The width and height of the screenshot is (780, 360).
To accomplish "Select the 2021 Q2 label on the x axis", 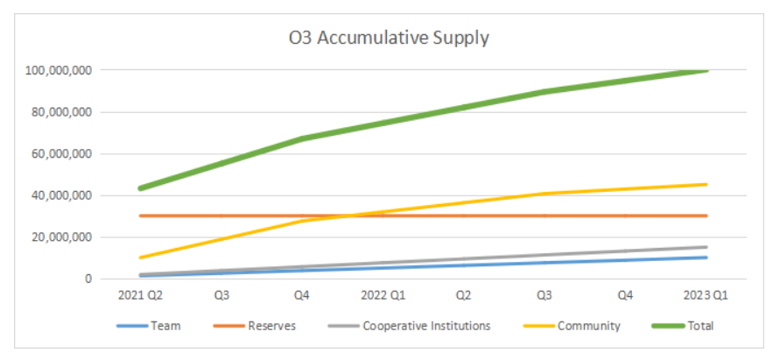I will (x=140, y=296).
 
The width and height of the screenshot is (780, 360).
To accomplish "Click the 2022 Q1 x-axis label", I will (x=383, y=296).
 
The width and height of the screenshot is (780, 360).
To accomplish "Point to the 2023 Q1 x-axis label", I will (x=706, y=296).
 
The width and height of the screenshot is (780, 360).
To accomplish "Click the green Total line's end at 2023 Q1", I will (x=706, y=70).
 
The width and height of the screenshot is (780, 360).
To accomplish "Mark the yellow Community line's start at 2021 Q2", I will (x=141, y=258).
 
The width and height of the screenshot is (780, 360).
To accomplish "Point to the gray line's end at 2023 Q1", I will (x=706, y=247).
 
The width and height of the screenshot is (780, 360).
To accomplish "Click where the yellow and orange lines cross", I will (x=348, y=215).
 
